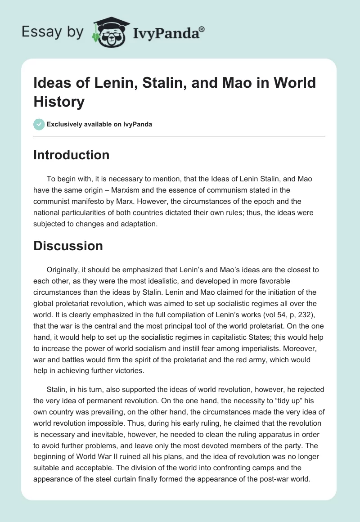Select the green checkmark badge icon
coord(39,124)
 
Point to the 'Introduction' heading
coord(72,155)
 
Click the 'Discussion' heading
coord(68,246)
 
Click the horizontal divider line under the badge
coord(180,136)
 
